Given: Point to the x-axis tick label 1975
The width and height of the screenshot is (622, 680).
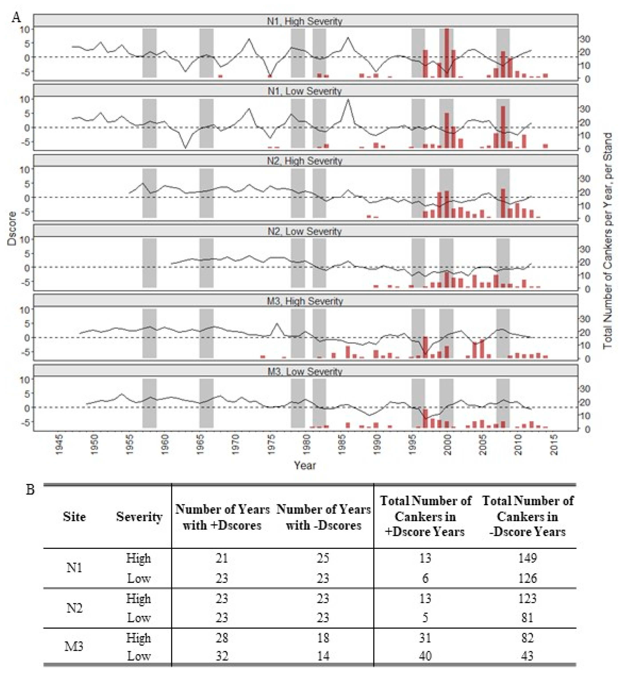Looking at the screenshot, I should [x=271, y=445].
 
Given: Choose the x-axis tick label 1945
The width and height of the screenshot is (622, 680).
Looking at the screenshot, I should [x=59, y=445].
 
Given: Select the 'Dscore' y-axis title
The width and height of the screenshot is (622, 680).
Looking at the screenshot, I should [x=12, y=228].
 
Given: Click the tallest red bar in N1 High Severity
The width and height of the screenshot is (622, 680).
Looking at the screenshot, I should [x=447, y=54].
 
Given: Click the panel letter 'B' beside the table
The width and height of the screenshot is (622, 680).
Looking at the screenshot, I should [x=30, y=489].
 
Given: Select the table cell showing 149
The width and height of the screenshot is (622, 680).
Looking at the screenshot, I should [x=527, y=558].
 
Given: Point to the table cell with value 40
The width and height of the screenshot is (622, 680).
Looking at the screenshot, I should [x=425, y=656].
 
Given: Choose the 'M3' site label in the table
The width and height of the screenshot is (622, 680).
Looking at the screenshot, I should [x=74, y=647].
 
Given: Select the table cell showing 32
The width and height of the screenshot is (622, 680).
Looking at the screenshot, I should [x=222, y=656].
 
